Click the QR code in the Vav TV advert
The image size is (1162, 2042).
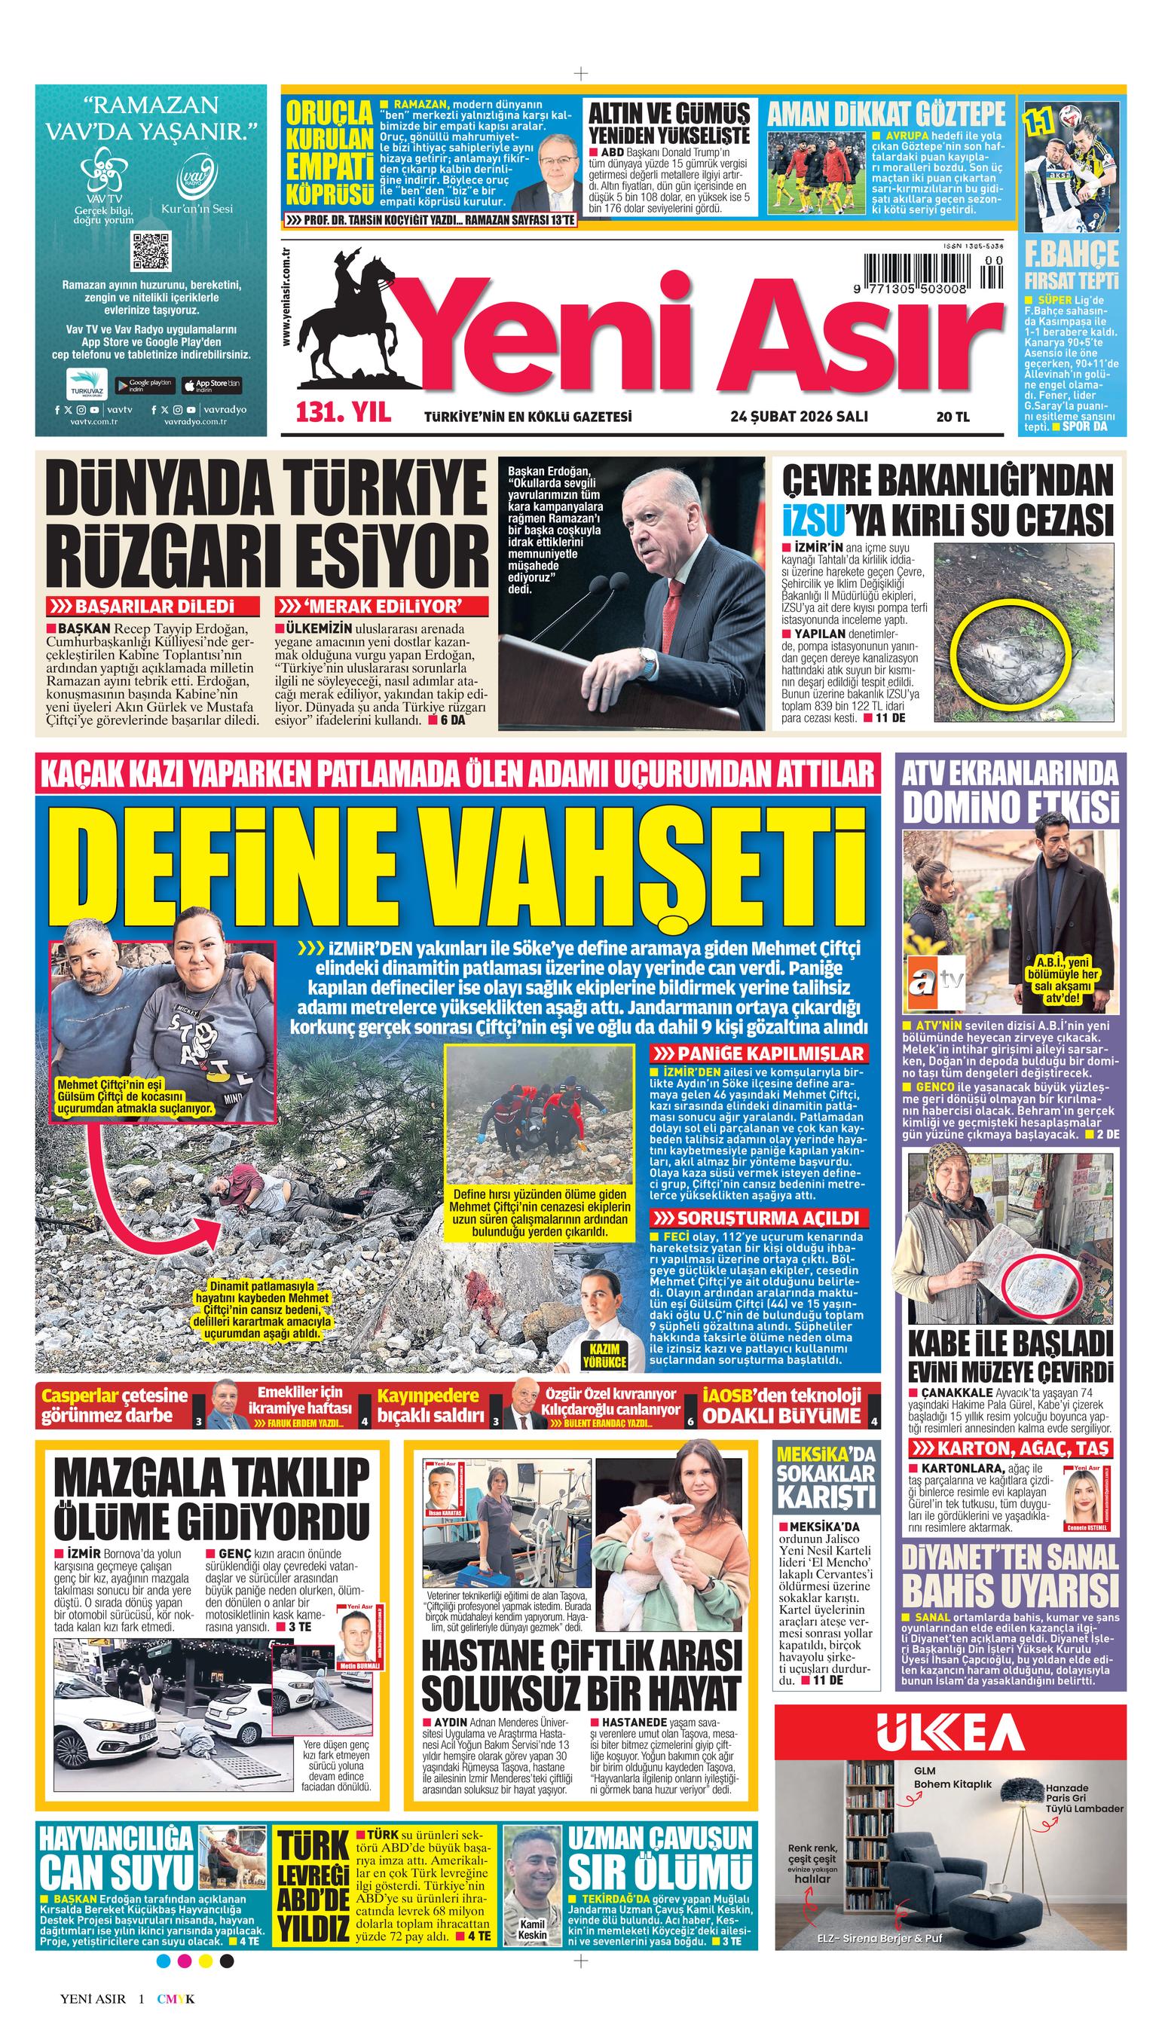(x=151, y=251)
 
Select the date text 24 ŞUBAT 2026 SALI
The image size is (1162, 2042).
(x=799, y=416)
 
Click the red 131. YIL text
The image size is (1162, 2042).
(x=344, y=414)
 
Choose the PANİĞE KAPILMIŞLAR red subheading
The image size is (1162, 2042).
(x=759, y=1053)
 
